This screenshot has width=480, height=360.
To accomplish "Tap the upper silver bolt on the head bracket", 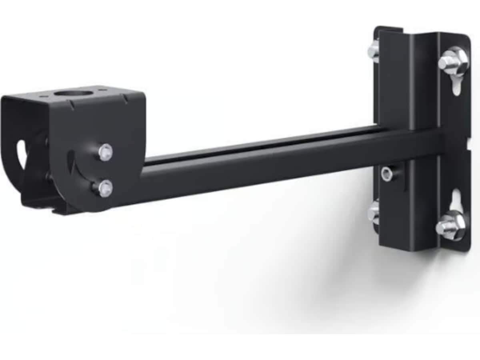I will point(106,152).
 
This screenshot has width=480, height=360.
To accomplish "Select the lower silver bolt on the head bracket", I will point(105,188).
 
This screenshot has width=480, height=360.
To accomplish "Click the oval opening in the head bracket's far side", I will point(21,154).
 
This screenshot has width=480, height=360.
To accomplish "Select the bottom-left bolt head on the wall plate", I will point(374,212).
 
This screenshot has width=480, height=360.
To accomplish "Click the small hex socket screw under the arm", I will point(387,174).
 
